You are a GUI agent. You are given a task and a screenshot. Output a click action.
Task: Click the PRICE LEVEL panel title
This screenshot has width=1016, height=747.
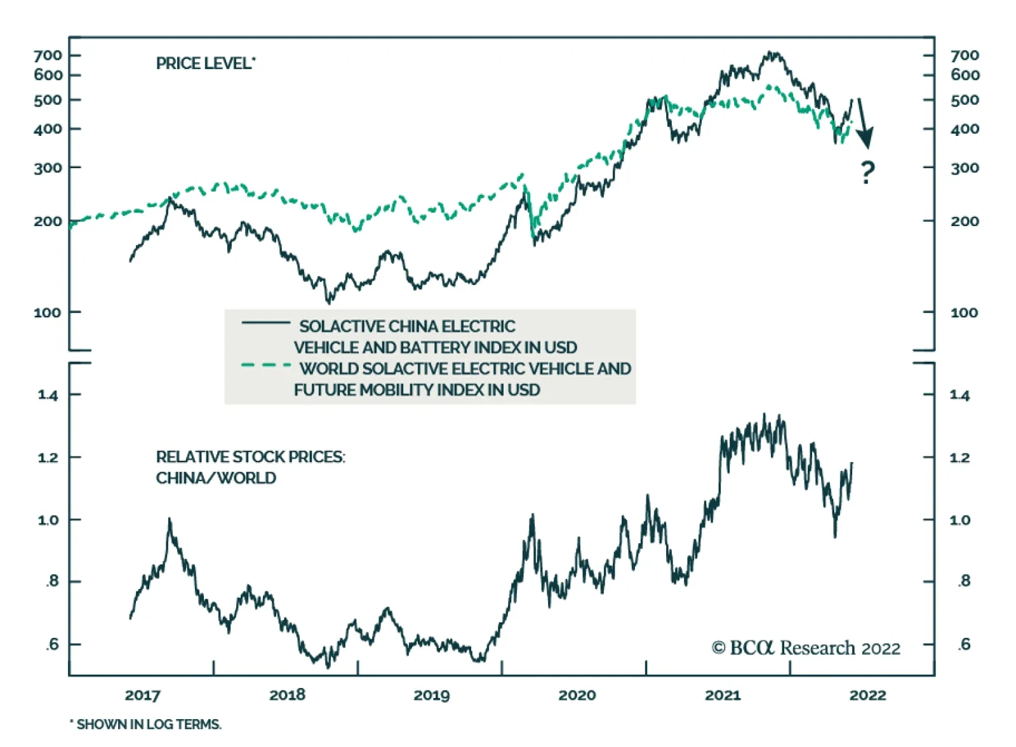205,63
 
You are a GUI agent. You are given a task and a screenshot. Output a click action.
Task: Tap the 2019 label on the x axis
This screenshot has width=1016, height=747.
432,695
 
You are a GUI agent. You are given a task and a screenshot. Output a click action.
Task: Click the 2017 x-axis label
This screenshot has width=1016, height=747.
142,695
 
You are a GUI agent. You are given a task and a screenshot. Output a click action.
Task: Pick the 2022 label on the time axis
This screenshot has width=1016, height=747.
867,695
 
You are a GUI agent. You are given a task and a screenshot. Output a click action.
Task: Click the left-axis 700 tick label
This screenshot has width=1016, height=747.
48,55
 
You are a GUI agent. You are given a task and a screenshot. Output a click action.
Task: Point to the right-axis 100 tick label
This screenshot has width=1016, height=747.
964,312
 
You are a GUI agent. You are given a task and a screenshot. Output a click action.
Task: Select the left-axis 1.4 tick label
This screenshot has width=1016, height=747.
48,395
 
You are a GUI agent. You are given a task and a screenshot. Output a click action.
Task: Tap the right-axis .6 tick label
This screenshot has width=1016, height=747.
964,645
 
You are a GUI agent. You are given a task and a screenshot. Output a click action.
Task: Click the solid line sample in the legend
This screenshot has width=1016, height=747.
265,324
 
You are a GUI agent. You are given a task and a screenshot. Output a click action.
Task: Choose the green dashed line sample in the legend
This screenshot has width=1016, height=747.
265,366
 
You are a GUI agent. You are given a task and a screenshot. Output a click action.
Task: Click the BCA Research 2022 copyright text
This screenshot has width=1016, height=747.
806,648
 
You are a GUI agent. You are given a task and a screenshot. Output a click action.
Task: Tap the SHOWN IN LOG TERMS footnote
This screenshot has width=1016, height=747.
146,724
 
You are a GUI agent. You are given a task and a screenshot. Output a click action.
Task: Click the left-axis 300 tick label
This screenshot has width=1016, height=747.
48,168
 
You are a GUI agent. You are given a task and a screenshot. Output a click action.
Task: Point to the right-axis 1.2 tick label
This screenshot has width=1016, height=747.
959,458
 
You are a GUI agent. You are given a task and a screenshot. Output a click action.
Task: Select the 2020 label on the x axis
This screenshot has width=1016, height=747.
577,695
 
